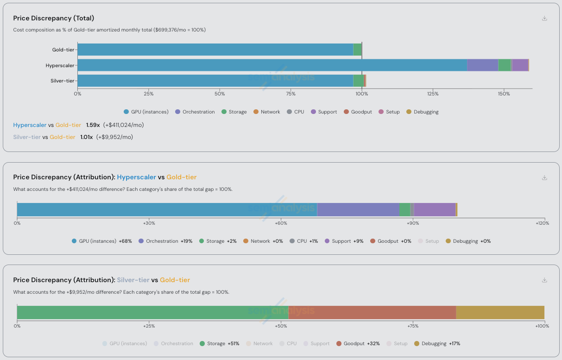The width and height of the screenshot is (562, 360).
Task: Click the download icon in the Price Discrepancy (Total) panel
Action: (x=544, y=19)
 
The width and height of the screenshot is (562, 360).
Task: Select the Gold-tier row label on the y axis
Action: (x=63, y=50)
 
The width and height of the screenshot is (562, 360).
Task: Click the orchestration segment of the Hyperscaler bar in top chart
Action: (x=482, y=65)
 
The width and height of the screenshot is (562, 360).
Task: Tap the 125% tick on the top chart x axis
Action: (x=433, y=94)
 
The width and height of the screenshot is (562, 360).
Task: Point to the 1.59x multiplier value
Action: (x=93, y=125)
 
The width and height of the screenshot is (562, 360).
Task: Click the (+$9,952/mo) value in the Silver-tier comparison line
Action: (x=114, y=137)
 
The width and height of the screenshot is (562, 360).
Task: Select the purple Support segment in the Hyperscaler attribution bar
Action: (x=435, y=209)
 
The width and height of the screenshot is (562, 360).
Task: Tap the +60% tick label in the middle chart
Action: (x=281, y=223)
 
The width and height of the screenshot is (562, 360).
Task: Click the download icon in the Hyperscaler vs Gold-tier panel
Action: (x=544, y=177)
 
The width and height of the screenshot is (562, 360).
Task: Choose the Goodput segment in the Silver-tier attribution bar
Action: (x=372, y=312)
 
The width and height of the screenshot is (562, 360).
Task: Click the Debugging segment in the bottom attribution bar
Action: (x=500, y=312)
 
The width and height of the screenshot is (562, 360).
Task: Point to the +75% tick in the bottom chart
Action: (x=413, y=326)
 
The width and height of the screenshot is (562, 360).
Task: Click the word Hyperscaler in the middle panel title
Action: (x=136, y=177)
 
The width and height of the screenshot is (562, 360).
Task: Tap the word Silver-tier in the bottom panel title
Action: (x=133, y=280)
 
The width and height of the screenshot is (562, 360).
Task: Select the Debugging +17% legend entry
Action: (x=437, y=344)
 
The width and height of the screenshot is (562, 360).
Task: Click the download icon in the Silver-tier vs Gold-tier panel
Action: (x=544, y=280)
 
